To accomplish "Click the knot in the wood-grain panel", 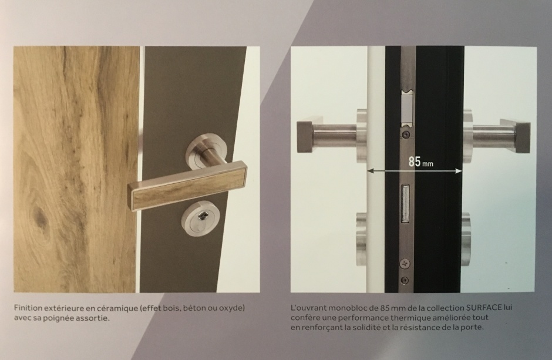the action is (39, 216).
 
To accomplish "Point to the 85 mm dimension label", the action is (420, 162).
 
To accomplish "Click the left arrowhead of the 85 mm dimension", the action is (371, 171).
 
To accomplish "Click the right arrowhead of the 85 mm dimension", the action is (459, 171).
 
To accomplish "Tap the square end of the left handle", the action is (305, 137).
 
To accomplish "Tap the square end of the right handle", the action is (523, 137).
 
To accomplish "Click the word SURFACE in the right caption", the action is (484, 308).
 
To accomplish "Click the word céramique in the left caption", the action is (118, 308).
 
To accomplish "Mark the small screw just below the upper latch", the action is (406, 134).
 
